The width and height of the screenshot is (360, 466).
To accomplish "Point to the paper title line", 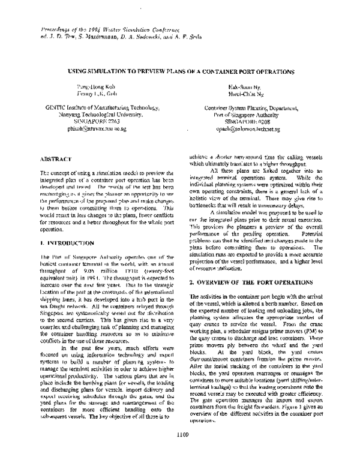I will point(179,71).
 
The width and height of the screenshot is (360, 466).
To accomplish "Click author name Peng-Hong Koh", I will point(92,87).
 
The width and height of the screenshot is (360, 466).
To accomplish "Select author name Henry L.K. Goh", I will point(92,95).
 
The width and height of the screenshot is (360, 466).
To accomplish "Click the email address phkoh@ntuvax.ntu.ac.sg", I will point(92,128).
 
